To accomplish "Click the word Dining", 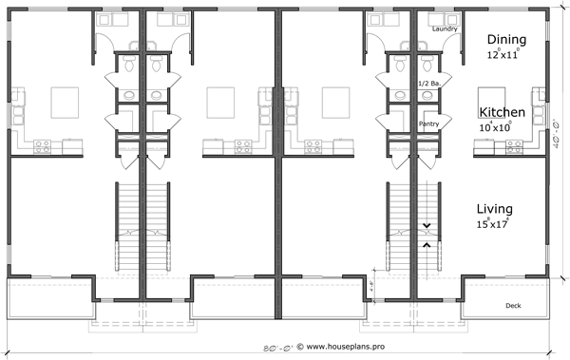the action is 506,39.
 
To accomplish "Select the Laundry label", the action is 444,29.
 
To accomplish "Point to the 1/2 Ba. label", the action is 429,84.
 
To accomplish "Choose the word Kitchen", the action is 503,111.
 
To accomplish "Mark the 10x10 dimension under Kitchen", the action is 502,126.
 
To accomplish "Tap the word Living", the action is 495,209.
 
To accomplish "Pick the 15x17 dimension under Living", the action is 492,225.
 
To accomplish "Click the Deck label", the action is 514,304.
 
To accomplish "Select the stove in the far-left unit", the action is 43,146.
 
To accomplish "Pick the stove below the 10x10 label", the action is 514,146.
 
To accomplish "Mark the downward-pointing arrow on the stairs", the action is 427,225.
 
